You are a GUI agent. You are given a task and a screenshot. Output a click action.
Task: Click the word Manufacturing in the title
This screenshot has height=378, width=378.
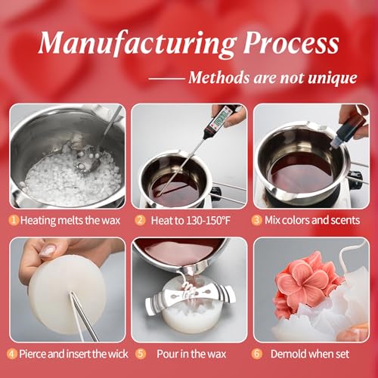138,44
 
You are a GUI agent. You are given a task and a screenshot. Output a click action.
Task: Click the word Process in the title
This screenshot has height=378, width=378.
292,43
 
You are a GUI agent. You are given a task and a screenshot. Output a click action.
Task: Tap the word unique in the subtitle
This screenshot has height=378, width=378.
333,78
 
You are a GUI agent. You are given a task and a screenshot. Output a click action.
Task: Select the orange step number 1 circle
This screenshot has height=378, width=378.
14,220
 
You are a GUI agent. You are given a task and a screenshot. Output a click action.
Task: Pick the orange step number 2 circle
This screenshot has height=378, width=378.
140,220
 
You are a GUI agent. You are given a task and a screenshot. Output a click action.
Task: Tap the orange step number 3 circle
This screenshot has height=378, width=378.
256,220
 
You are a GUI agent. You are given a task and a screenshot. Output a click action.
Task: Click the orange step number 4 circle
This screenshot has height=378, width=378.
11,354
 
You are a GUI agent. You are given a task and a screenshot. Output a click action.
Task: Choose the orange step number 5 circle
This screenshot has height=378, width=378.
141,354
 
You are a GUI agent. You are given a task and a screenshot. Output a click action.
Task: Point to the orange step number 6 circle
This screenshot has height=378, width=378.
256,354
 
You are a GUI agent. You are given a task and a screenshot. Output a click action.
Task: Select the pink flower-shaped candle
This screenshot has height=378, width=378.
308,285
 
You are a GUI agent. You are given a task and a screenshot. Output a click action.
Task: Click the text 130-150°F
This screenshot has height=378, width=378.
208,221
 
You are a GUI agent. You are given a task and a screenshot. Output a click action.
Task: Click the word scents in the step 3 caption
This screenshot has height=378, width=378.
345,220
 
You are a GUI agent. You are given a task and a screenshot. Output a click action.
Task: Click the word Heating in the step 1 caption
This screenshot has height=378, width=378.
38,221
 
